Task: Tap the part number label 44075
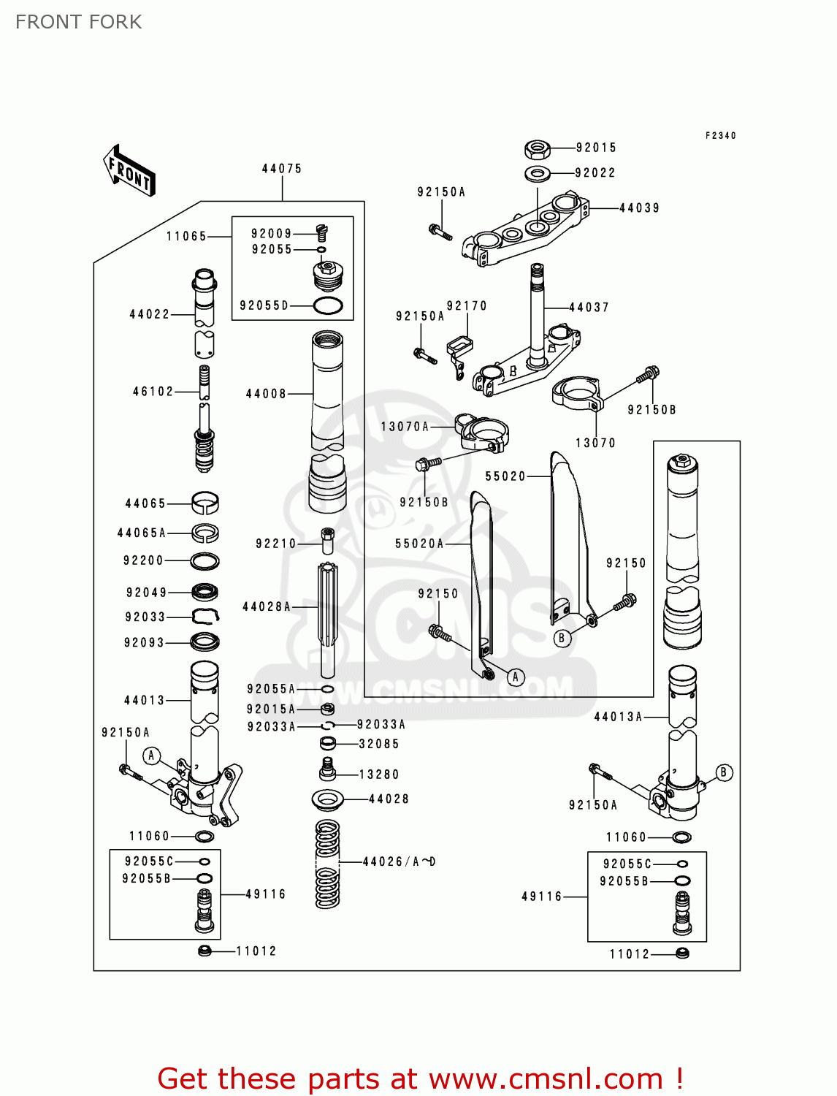(282, 169)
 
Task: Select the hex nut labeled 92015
(538, 150)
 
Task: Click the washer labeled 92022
(538, 174)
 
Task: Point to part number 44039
(639, 208)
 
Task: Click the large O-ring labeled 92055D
(328, 306)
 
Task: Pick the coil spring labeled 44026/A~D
(327, 864)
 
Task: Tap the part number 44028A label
(267, 606)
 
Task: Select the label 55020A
(419, 544)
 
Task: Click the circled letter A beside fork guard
(516, 677)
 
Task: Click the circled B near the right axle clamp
(724, 772)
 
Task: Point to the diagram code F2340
(720, 136)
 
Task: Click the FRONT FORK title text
(79, 22)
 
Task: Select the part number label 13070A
(405, 427)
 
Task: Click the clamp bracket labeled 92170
(459, 349)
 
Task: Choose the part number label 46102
(153, 392)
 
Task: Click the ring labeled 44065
(205, 503)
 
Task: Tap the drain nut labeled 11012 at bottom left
(205, 951)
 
